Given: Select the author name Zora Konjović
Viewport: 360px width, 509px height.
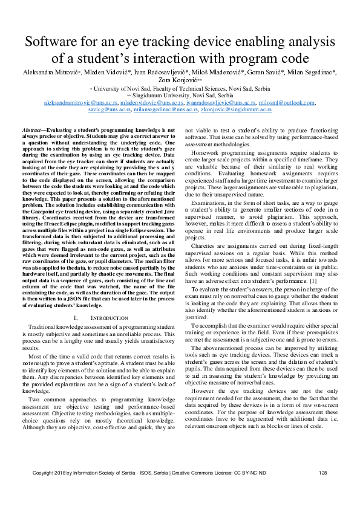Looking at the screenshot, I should click(x=180, y=79).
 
